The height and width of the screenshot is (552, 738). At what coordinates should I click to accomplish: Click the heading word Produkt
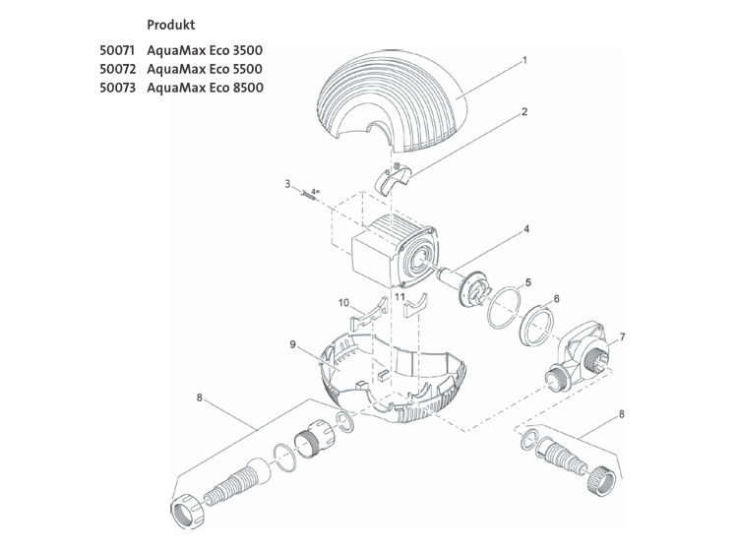tap(169, 23)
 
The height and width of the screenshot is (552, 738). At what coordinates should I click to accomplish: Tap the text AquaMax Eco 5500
tap(205, 69)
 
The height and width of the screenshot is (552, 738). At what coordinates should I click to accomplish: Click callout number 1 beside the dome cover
tap(525, 60)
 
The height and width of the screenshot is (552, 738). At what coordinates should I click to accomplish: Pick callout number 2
tap(524, 111)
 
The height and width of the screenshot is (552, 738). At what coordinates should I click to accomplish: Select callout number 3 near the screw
tap(287, 183)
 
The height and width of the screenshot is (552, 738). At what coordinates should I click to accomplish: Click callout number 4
tap(526, 228)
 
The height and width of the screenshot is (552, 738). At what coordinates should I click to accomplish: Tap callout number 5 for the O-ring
tap(528, 281)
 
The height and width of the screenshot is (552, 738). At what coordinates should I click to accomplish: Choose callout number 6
tap(557, 298)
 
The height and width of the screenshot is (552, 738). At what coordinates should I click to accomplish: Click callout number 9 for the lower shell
tap(292, 343)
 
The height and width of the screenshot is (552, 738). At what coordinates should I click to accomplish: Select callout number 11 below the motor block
tap(399, 295)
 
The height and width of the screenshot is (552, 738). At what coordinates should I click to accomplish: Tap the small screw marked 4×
tap(305, 194)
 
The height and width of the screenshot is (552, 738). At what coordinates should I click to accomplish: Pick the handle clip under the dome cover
tap(394, 179)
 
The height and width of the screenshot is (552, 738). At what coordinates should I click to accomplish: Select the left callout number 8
tap(199, 399)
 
